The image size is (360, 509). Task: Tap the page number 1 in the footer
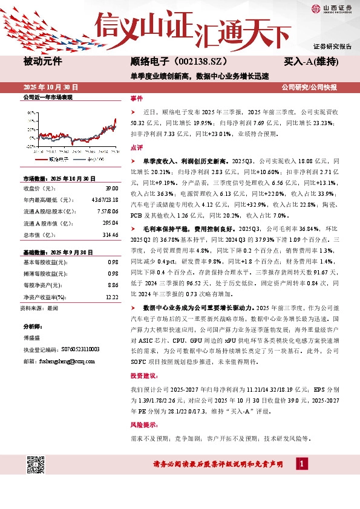tap(303, 464)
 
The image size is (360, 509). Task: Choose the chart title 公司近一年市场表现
tap(47, 97)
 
